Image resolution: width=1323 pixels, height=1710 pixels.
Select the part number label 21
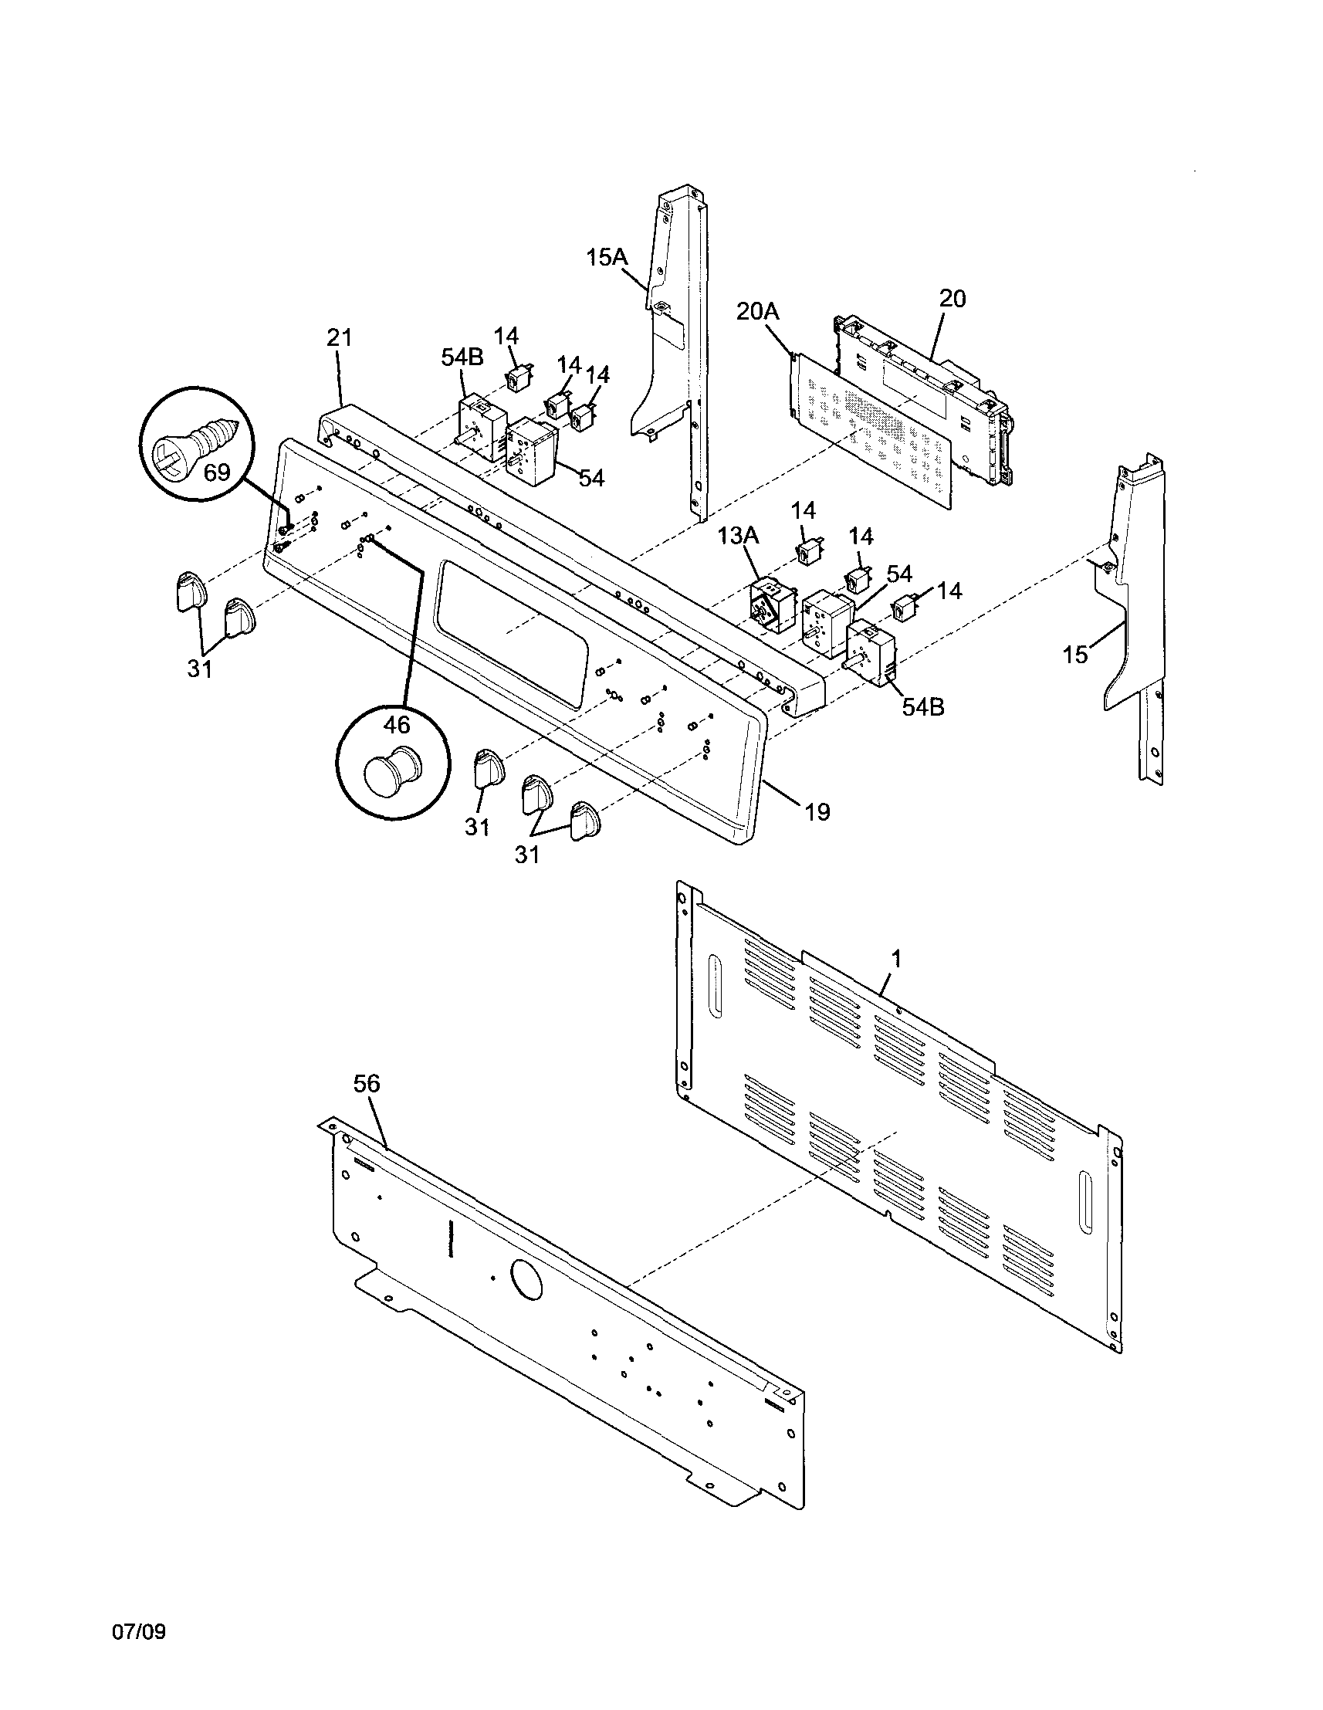(339, 338)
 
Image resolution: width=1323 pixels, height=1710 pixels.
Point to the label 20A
(758, 311)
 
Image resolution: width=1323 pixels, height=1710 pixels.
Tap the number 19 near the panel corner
(817, 813)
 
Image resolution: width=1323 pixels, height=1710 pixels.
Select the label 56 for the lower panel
(367, 1084)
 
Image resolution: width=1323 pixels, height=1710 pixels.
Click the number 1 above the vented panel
(896, 958)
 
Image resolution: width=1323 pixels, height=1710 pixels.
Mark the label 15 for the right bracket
(1076, 655)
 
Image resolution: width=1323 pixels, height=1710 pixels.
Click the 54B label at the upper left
(462, 357)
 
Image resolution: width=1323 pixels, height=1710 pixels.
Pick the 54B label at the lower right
(922, 707)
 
